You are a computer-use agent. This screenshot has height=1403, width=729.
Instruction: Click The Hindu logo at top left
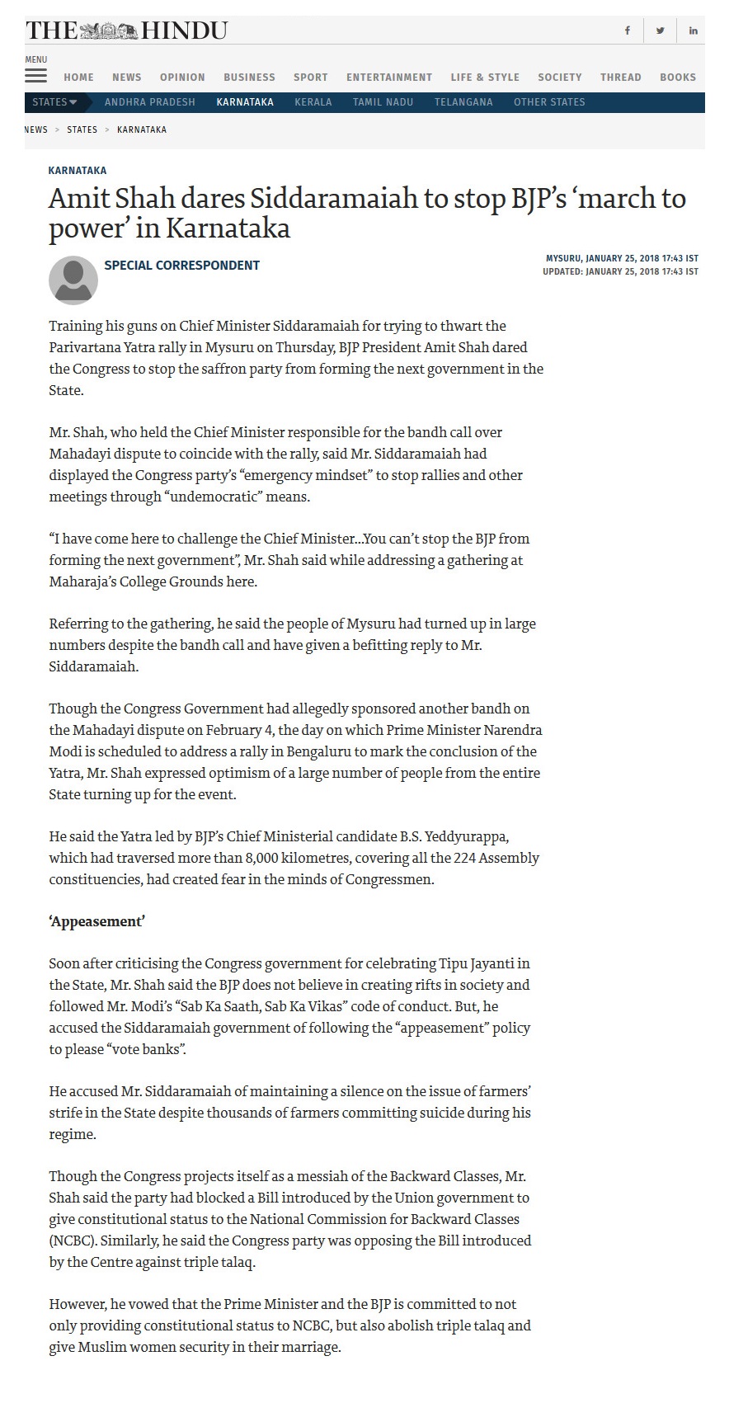pos(126,31)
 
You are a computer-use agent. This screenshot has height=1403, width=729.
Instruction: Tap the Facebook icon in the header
pos(627,31)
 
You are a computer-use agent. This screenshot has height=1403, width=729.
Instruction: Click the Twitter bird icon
pos(660,31)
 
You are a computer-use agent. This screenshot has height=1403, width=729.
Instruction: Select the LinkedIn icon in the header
pos(693,31)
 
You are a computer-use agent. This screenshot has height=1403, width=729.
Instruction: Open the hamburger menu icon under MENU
pos(35,76)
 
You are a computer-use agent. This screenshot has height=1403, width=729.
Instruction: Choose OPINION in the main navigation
pos(182,77)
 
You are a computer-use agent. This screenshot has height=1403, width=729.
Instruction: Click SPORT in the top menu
pos(311,77)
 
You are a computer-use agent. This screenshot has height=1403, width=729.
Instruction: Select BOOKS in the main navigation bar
pos(678,77)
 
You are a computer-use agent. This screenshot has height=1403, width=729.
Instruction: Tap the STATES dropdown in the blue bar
pos(54,102)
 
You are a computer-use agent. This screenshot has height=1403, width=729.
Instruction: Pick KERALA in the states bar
pos(313,102)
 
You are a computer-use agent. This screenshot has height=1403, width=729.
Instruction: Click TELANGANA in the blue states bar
pos(463,102)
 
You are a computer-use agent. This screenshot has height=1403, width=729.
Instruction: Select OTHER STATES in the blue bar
pos(549,102)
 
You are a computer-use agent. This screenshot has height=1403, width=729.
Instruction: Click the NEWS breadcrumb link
pos(36,129)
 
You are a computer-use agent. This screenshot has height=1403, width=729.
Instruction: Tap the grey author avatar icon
pos(73,280)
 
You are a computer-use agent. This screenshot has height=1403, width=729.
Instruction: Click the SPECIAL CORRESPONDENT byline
pos(181,265)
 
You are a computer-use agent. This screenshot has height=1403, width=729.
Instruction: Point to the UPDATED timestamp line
pos(620,271)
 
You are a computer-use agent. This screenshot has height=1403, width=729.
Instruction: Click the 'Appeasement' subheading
pos(97,921)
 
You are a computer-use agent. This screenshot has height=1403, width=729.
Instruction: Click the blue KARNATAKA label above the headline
pos(78,170)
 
